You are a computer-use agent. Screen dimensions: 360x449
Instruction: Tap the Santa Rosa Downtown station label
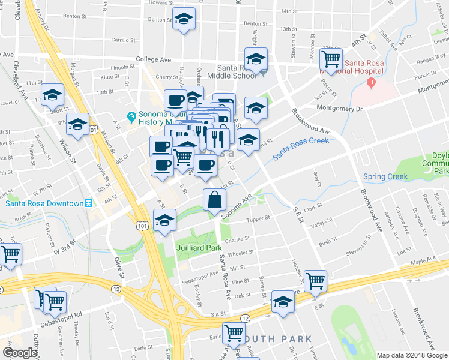click(44, 203)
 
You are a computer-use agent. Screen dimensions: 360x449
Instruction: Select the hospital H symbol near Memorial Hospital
click(372, 82)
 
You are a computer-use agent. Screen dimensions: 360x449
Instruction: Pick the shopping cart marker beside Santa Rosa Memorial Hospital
click(331, 59)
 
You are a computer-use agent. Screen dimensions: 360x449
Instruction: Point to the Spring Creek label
click(385, 176)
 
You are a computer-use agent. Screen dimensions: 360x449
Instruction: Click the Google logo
click(20, 353)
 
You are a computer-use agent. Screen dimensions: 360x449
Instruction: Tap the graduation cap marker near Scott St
click(53, 95)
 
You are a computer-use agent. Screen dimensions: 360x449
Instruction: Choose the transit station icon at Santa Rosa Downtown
click(89, 203)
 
